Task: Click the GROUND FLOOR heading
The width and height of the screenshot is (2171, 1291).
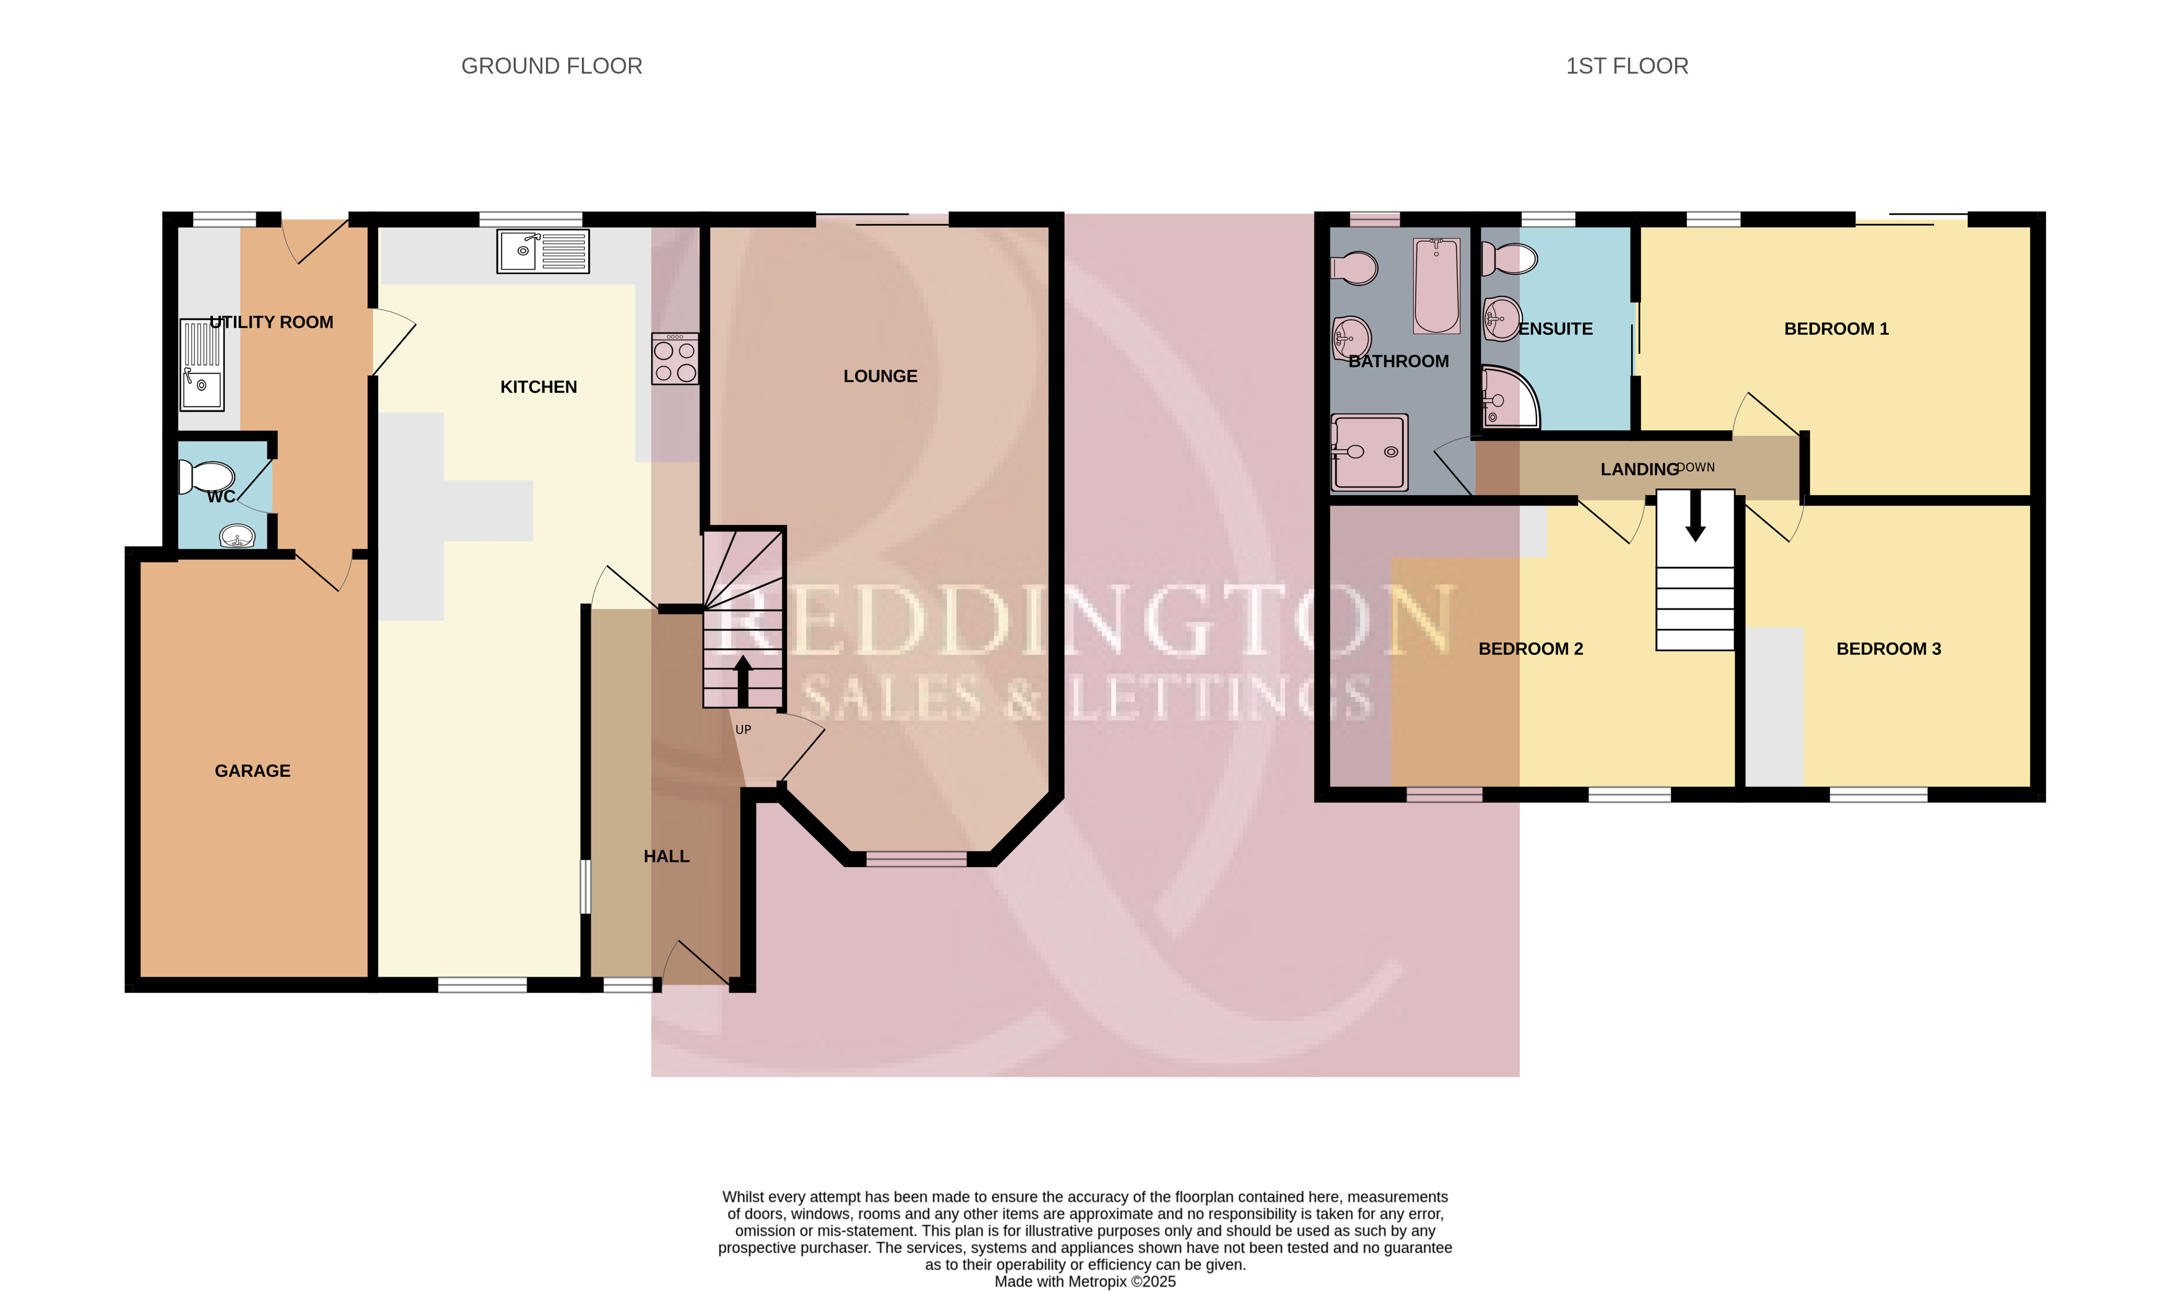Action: pos(552,66)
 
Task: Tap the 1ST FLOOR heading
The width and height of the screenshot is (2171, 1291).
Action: pos(1626,66)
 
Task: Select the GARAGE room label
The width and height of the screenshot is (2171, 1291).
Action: pos(253,771)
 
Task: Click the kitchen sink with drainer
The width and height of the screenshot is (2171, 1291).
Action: pos(543,251)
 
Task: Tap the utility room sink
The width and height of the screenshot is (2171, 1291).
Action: pos(202,365)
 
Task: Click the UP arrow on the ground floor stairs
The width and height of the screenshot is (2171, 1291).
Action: pos(743,681)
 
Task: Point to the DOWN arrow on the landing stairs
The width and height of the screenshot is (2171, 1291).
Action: pos(1695,515)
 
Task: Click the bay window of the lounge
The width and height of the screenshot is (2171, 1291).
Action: pos(916,860)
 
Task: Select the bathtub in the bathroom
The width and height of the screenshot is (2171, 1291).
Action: pos(1437,285)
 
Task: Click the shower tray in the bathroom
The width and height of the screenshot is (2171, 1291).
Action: pos(1369,452)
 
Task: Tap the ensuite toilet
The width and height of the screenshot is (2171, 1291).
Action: pos(1510,258)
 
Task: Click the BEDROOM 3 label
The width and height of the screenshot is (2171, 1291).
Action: pos(1888,649)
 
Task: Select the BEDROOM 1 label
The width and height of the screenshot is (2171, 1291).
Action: pos(1836,329)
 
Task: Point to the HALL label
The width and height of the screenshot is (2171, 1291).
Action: pos(667,857)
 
